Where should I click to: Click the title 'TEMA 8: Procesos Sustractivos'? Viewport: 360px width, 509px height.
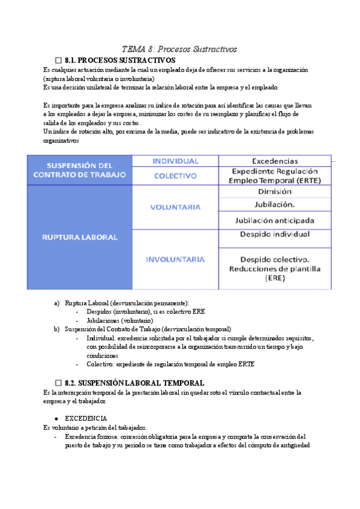tap(180, 49)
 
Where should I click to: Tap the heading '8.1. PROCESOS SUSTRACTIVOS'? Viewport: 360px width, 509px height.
tap(119, 61)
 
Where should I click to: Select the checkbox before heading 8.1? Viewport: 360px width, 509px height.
tap(58, 61)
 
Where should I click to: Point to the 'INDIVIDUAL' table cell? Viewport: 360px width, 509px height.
tap(175, 161)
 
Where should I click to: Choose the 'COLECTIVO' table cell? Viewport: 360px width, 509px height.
tap(175, 176)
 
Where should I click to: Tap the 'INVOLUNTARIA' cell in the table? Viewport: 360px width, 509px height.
tap(175, 259)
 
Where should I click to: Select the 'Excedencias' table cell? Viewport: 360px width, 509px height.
tap(274, 161)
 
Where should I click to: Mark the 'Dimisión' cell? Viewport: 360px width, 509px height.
tap(275, 192)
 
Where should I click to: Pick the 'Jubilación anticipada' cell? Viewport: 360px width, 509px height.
tap(275, 220)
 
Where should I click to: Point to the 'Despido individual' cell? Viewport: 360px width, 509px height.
tap(275, 234)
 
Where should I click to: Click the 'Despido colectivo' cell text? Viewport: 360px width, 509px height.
tap(275, 259)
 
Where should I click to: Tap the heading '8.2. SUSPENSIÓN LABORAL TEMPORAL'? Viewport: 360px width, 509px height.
tap(134, 382)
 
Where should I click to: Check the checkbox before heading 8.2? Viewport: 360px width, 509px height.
tap(58, 382)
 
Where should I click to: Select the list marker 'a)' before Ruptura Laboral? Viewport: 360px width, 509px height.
tap(56, 303)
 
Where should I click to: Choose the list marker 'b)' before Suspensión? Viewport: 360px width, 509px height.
tap(56, 329)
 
